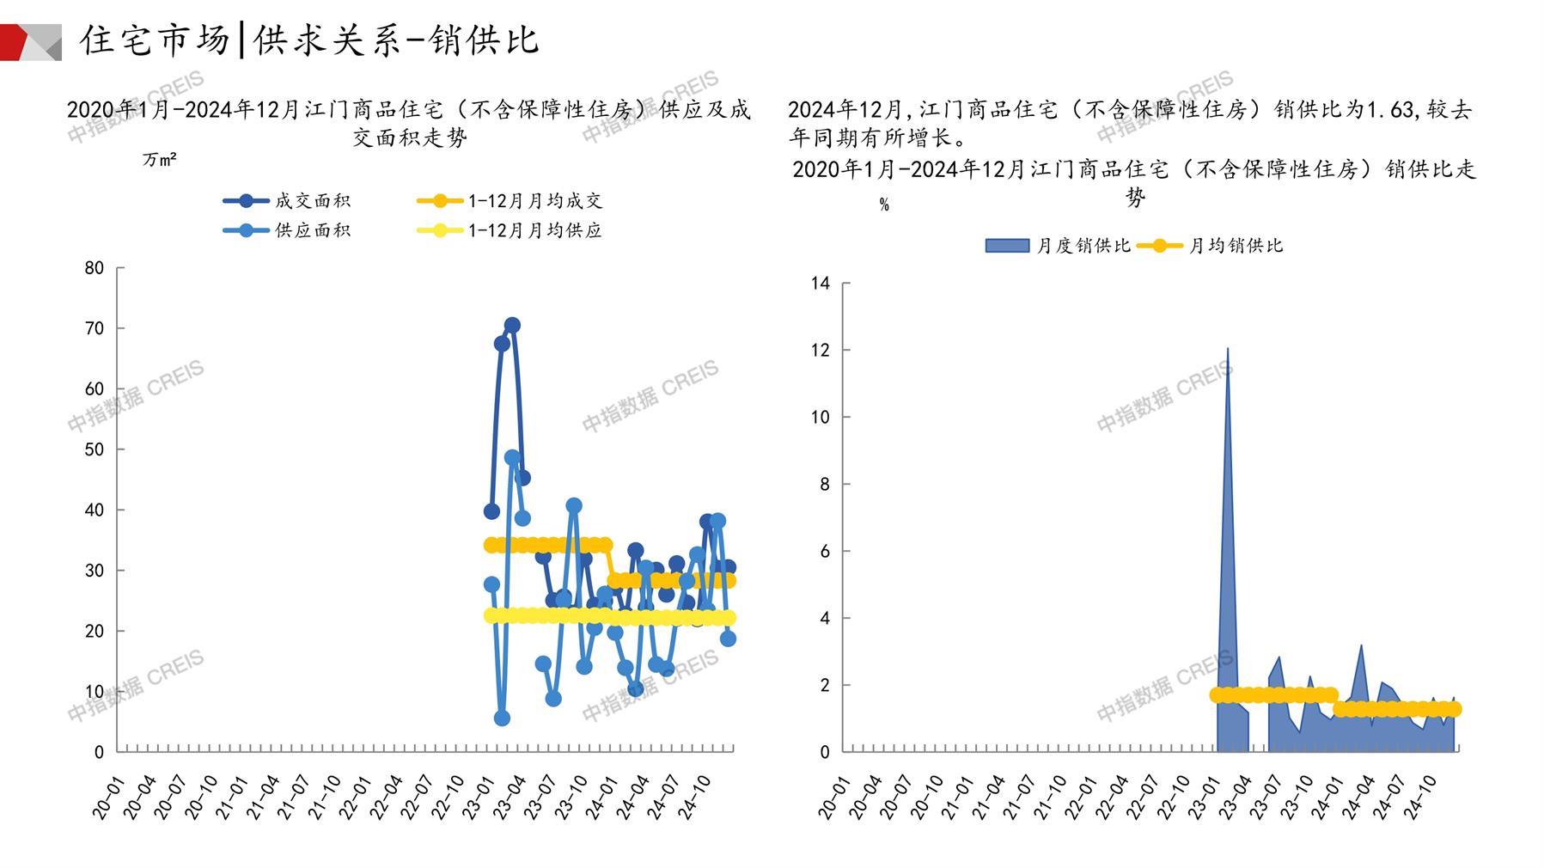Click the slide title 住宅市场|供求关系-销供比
pos(309,40)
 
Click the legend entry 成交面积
pos(312,201)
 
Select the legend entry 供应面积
pos(312,230)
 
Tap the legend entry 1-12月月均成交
pos(534,201)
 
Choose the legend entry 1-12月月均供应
pos(534,230)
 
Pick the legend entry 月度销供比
pos(1083,246)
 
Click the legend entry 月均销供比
pos(1235,246)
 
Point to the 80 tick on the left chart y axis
pos(95,268)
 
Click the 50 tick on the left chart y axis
pos(95,449)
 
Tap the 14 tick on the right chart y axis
pos(821,284)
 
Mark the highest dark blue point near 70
pos(512,325)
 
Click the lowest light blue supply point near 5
pos(502,718)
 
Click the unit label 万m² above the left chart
pos(160,160)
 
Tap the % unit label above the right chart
pos(884,205)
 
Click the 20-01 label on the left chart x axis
pos(107,798)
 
